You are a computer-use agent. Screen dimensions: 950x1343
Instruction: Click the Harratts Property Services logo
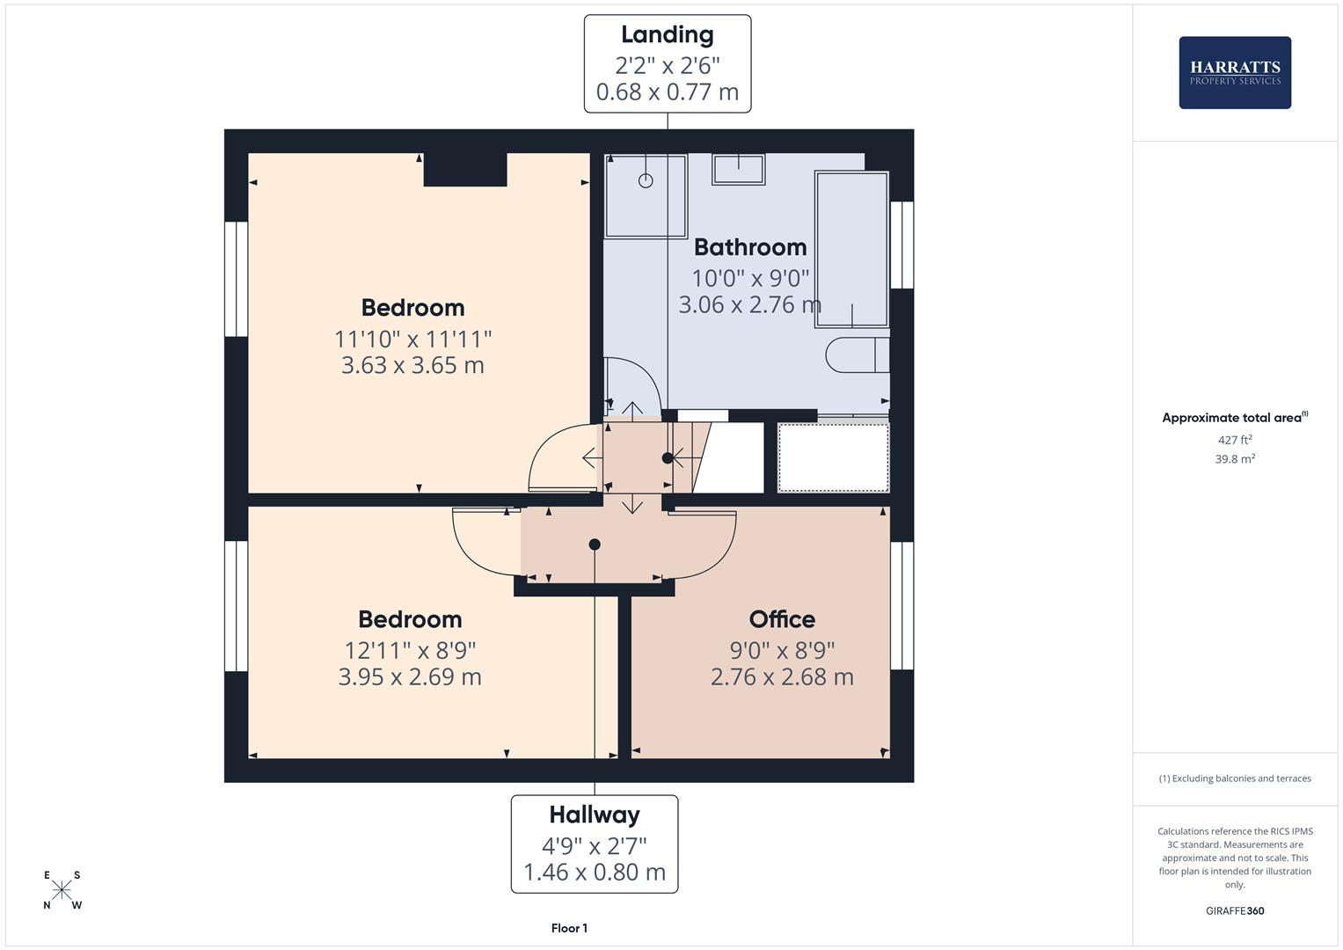pos(1235,73)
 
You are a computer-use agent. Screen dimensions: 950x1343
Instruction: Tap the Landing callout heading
pos(667,35)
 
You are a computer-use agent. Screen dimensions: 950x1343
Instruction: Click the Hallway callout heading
pos(595,815)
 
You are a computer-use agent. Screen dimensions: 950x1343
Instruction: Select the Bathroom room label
pos(750,247)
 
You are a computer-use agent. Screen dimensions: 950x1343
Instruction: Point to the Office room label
pos(782,619)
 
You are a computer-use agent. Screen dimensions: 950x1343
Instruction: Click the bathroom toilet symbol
pos(857,355)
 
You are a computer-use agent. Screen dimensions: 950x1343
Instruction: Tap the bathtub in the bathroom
pos(851,249)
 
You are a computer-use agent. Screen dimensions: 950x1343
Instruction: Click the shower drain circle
pos(646,180)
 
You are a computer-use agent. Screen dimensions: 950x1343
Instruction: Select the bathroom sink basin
pos(738,169)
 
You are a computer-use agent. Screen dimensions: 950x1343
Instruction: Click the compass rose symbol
pos(62,890)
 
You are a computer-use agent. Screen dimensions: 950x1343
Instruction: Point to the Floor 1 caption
pos(569,928)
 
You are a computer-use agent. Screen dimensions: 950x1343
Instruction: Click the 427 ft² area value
pos(1235,440)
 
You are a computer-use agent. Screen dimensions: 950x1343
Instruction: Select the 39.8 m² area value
pos(1235,459)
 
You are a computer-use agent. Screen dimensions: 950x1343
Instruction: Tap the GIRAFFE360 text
pos(1235,911)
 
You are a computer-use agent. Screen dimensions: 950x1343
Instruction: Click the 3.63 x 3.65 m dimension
pos(412,365)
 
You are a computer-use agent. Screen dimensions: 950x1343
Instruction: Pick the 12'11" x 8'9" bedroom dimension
pos(410,651)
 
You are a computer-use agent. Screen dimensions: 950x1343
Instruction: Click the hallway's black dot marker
pos(595,544)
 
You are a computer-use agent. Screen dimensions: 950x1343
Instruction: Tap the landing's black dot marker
pos(668,458)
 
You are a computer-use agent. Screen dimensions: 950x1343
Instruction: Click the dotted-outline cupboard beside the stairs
pos(833,457)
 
